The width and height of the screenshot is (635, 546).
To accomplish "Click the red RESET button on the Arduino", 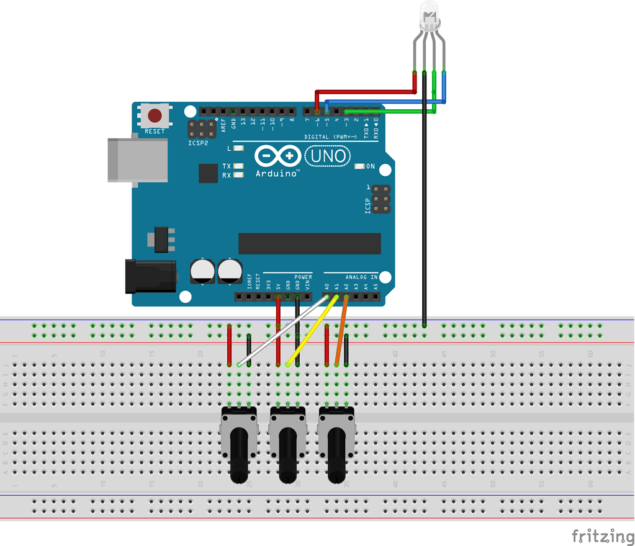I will tap(155, 115).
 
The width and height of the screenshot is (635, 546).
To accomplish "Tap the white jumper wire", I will tap(282, 331).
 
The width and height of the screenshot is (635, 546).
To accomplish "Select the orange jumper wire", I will tap(341, 332).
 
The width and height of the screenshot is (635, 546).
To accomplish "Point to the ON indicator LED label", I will tap(371, 166).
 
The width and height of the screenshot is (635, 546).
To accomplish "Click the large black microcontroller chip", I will tap(309, 243).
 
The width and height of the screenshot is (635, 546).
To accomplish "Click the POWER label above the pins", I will tap(303, 277).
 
